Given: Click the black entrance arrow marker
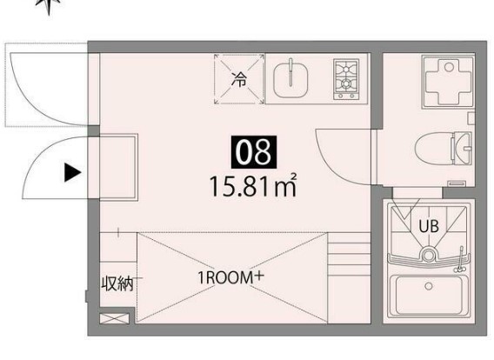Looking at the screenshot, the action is (72, 172).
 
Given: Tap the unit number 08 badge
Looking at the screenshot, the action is (254, 152).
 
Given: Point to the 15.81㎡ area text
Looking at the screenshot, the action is (253, 186).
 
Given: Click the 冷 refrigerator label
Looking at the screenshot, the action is (239, 79).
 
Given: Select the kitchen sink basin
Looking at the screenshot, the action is (290, 80).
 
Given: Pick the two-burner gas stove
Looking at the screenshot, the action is (346, 79).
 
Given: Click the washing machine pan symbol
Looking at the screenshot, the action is (449, 82).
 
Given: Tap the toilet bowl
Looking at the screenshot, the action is (434, 149).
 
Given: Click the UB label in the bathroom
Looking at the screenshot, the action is (429, 226).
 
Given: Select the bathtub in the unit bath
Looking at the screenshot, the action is (429, 297).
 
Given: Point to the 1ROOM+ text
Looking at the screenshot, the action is (230, 277).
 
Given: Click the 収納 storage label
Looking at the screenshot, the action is (117, 284).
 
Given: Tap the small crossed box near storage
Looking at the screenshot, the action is (114, 319).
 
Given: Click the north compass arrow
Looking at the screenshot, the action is (48, 7).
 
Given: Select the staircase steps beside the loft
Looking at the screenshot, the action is (349, 277).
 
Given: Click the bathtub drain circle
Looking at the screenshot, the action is (429, 286).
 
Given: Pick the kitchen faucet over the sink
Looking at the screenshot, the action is (291, 72).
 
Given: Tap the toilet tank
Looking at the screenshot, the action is (462, 148).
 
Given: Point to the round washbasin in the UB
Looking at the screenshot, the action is (429, 255).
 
